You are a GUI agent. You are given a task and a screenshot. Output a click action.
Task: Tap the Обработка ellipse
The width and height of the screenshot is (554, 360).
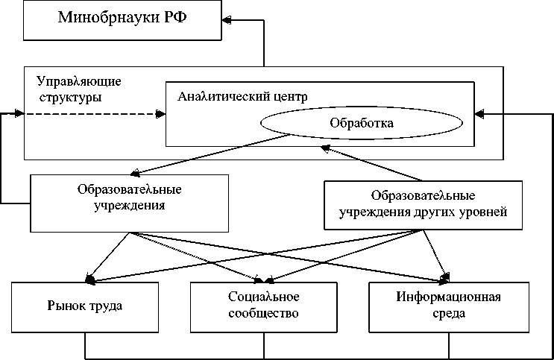(361, 121)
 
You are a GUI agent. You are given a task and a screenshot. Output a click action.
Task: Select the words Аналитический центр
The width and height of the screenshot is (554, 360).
(242, 97)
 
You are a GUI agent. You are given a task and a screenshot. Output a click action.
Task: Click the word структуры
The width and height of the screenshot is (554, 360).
(70, 96)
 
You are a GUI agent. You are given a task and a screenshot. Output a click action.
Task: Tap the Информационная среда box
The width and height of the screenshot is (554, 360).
(448, 306)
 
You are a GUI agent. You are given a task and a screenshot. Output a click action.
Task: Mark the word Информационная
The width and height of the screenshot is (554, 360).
(448, 298)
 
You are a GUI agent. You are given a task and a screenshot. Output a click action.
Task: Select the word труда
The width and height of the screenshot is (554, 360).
(108, 306)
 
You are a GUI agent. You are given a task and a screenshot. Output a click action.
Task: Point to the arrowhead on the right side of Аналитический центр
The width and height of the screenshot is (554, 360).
(480, 114)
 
